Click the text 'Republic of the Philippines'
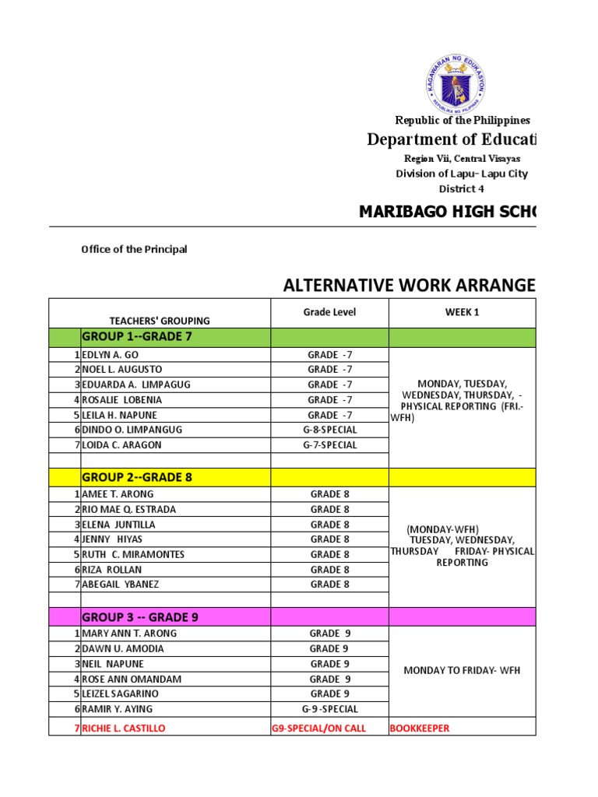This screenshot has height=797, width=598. pyautogui.click(x=463, y=120)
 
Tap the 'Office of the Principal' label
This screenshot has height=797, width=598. pyautogui.click(x=134, y=250)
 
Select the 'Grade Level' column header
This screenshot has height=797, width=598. pyautogui.click(x=329, y=312)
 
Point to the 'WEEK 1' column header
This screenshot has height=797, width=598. pyautogui.click(x=463, y=312)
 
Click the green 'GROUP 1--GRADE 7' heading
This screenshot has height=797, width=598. pyautogui.click(x=137, y=336)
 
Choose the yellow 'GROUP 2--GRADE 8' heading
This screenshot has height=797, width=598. pyautogui.click(x=137, y=477)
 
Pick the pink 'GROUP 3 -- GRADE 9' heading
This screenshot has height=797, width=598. pyautogui.click(x=140, y=617)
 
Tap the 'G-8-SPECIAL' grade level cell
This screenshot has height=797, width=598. pyautogui.click(x=329, y=430)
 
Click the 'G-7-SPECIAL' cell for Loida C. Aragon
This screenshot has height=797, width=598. pyautogui.click(x=329, y=445)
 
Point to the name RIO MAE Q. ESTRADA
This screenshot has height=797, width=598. pyautogui.click(x=129, y=510)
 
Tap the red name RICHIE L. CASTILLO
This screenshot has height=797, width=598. pyautogui.click(x=124, y=729)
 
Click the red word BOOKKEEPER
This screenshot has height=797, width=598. pyautogui.click(x=419, y=729)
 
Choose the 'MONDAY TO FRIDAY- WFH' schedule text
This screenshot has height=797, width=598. pyautogui.click(x=462, y=671)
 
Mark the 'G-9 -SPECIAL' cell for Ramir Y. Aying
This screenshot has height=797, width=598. pyautogui.click(x=329, y=709)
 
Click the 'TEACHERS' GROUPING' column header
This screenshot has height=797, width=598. pyautogui.click(x=160, y=321)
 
